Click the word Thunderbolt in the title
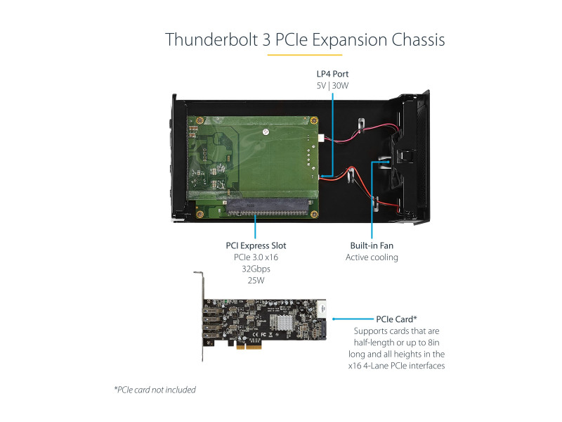click(x=211, y=39)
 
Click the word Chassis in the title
click(x=418, y=39)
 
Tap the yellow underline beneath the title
click(x=305, y=55)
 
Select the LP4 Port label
click(x=332, y=74)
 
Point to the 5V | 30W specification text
click(x=332, y=85)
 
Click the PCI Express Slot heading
click(x=256, y=245)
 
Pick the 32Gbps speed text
click(x=256, y=269)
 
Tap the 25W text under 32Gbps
click(x=256, y=280)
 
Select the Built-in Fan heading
click(x=372, y=245)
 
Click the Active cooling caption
click(x=372, y=257)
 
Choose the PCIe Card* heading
click(x=396, y=319)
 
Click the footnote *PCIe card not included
click(x=155, y=390)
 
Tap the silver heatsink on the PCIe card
click(x=282, y=322)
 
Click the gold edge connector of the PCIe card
click(x=249, y=346)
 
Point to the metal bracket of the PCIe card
click(x=201, y=316)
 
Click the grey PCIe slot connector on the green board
click(x=268, y=207)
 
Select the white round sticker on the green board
click(x=266, y=132)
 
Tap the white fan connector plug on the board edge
click(x=322, y=138)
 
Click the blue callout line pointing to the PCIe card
click(x=353, y=319)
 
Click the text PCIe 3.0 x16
click(x=256, y=257)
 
